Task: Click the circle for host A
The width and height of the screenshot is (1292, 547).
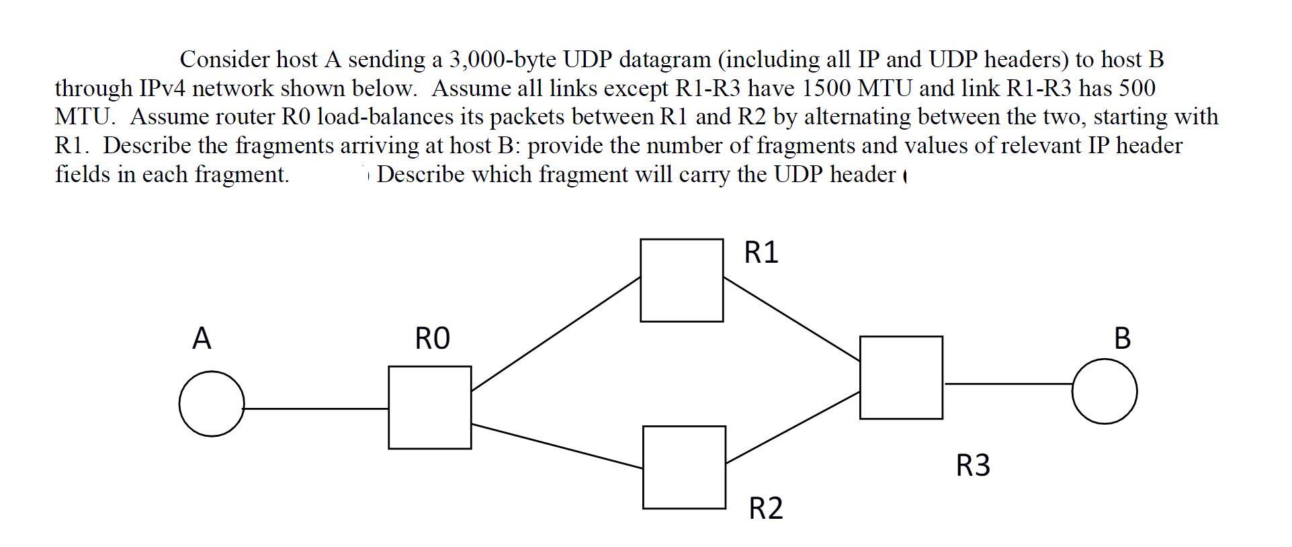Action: coord(212,404)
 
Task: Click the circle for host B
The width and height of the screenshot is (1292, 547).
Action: coord(1104,391)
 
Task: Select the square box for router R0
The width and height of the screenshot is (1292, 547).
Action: coord(429,407)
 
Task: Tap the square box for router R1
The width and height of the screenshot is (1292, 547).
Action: coord(681,280)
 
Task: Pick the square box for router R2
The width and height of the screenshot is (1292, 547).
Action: coord(683,467)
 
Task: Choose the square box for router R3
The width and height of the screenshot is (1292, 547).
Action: coord(900,378)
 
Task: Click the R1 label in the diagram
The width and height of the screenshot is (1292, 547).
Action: coord(761,253)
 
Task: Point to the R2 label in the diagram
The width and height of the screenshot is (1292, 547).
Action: coord(766,508)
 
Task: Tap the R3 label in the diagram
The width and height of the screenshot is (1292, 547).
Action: coord(972,465)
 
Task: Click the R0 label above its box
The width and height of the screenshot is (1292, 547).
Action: coord(432,338)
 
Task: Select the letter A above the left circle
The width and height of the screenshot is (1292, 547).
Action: coord(202,338)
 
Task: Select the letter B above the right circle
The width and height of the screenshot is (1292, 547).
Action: coord(1122,338)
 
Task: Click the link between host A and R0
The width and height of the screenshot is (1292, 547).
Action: coord(316,408)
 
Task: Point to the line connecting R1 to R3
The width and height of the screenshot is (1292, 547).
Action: coord(791,319)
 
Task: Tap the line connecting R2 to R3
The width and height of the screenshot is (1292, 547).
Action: coord(793,427)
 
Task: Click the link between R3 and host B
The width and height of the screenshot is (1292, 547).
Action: coord(1007,384)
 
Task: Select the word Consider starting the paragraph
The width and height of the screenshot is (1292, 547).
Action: coord(224,60)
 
